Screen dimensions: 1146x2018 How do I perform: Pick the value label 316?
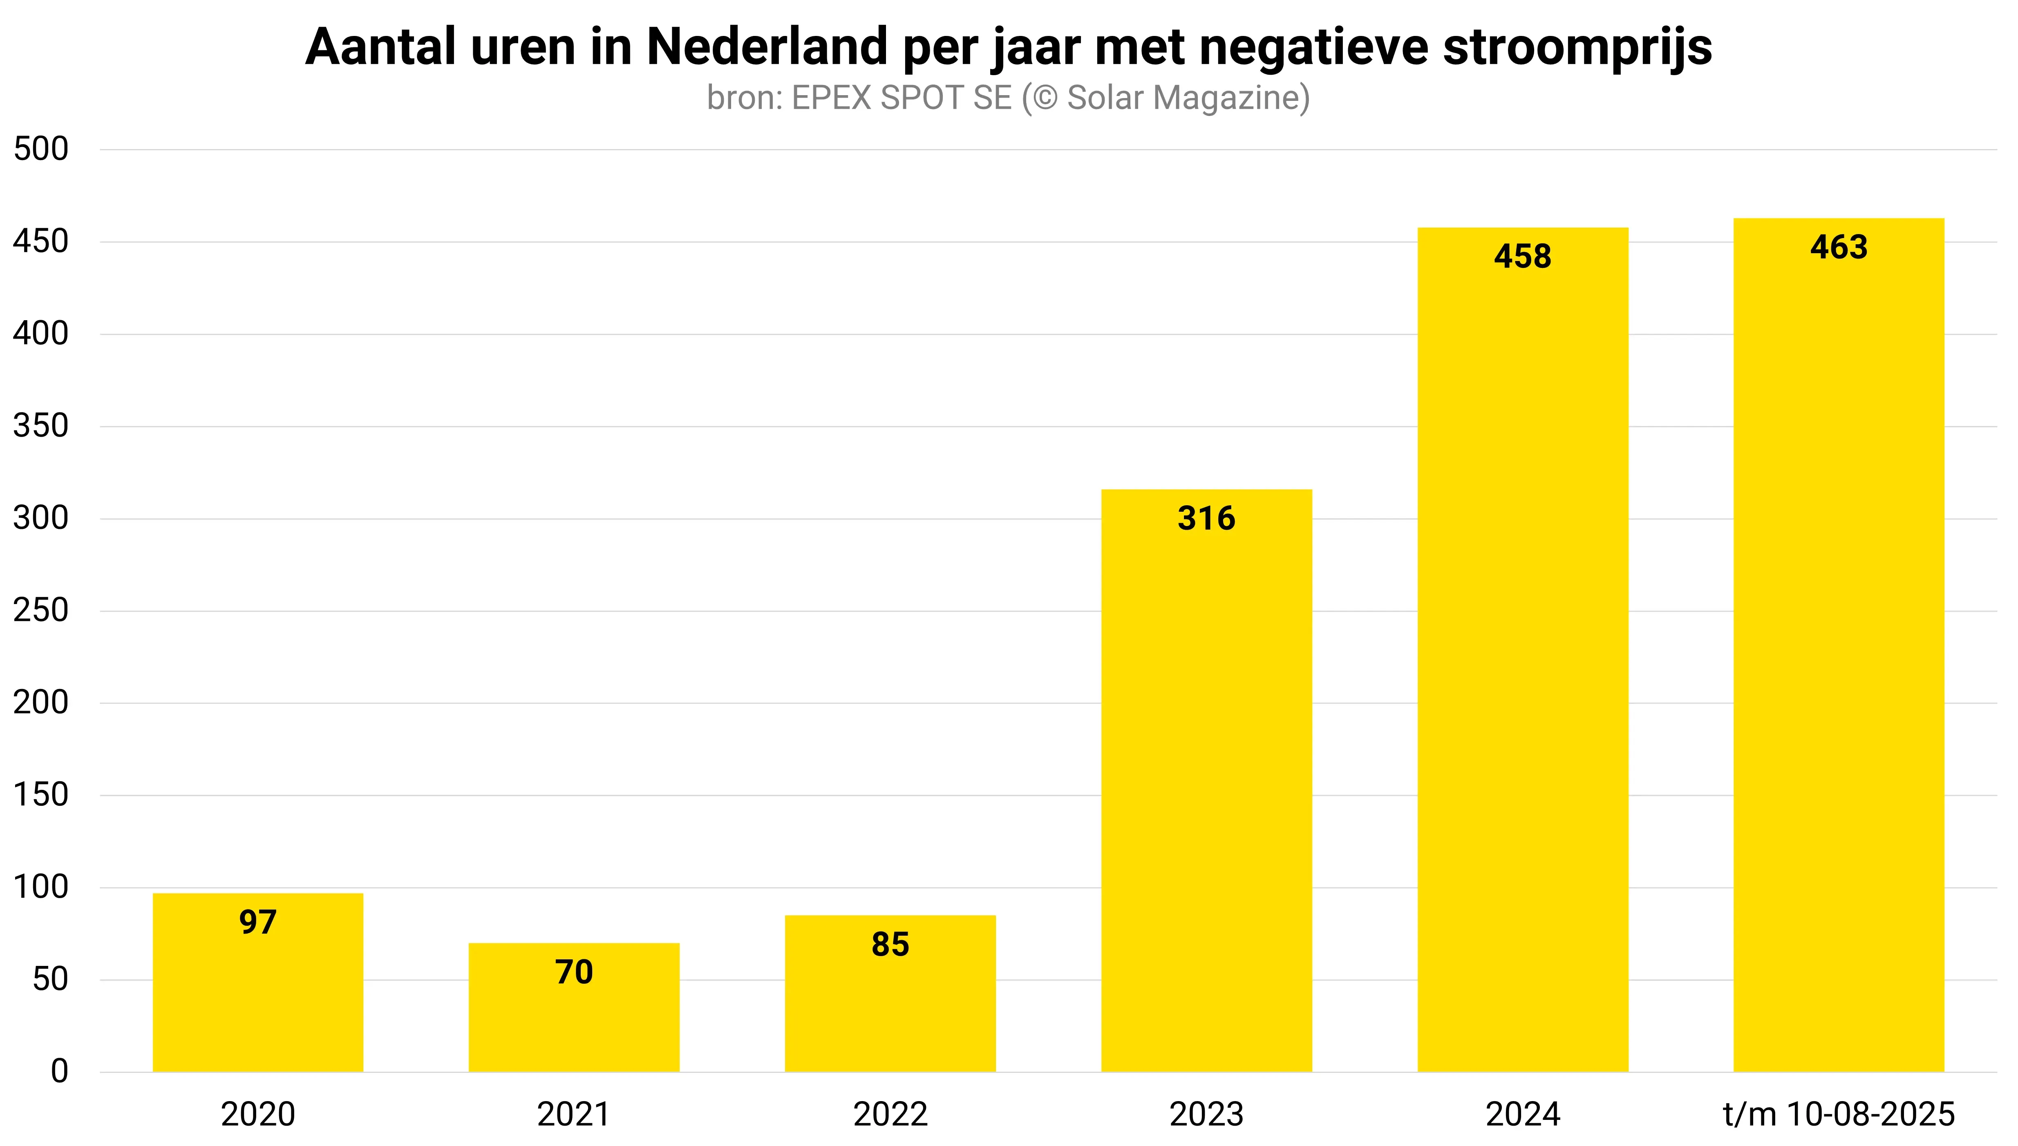tap(1206, 519)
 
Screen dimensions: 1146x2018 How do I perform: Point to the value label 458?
tap(1523, 256)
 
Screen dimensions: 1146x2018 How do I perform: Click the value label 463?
tap(1839, 247)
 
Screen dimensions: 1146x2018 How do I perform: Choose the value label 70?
tap(574, 972)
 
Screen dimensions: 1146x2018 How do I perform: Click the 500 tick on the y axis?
tap(41, 149)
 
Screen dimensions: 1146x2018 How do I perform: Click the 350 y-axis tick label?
tap(41, 426)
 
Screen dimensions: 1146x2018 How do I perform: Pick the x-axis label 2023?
tap(1206, 1115)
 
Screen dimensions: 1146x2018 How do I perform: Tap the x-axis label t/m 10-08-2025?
tap(1839, 1115)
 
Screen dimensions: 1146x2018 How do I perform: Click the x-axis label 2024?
tap(1523, 1115)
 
